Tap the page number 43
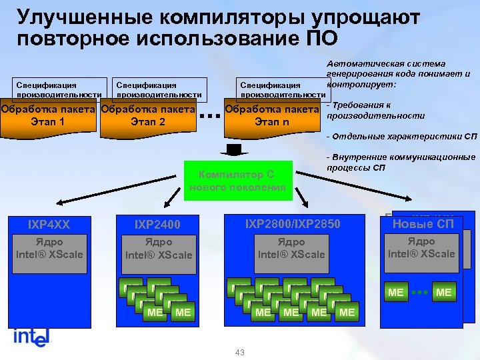pos(240,352)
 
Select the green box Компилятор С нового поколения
pos(237,181)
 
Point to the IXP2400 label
pos(157,225)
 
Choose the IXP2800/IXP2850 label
pos(293,224)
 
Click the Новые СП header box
pos(423,224)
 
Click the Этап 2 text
pos(148,122)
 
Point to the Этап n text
pos(272,122)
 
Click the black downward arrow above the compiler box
pos(237,148)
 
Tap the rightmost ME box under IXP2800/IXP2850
pos(347,311)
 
